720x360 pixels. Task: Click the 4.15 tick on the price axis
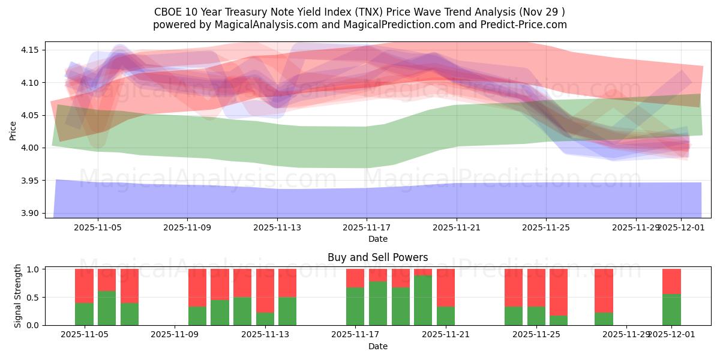30,50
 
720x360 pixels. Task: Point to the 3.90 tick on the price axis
30,213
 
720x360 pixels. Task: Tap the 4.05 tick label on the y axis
30,115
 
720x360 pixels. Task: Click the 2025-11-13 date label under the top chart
277,228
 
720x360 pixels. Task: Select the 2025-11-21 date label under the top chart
456,228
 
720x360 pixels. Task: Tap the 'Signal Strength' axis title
18,296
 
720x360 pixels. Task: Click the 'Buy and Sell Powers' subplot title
377,257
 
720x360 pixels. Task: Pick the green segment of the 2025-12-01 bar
671,310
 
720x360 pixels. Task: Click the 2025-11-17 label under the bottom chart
355,335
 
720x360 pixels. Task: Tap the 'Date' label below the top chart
377,239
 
